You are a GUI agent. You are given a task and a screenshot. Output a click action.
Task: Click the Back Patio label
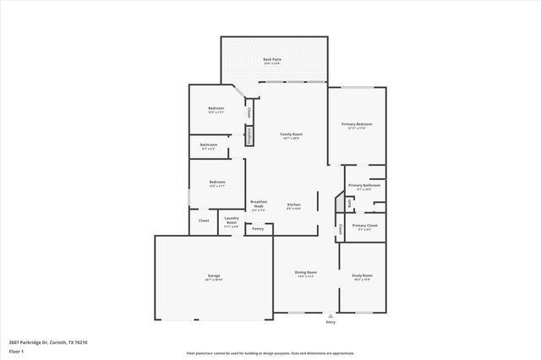coord(272,59)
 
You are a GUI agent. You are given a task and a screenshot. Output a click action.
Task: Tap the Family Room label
coord(292,134)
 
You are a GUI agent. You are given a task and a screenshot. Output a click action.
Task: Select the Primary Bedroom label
coord(358,124)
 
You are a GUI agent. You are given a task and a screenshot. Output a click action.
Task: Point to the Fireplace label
coord(249,135)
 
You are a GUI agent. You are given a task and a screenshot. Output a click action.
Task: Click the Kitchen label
coord(293,205)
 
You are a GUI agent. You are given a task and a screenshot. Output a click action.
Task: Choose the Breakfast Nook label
coord(259,204)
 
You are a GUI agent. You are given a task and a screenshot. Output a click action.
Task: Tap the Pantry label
coord(258,228)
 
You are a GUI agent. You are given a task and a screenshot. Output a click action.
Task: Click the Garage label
coord(214,275)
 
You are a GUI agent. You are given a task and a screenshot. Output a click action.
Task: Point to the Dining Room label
coord(305,272)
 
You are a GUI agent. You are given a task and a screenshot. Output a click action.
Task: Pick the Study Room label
coord(362,275)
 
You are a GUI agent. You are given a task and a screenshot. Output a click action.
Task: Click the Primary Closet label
coord(365,226)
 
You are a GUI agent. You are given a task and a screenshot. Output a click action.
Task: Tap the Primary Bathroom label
coord(365,185)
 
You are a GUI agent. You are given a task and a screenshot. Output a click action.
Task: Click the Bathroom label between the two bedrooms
coord(209,145)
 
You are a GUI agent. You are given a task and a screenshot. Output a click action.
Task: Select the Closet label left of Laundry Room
coord(204,221)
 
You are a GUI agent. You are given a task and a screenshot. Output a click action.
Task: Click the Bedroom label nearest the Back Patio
coord(216,108)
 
